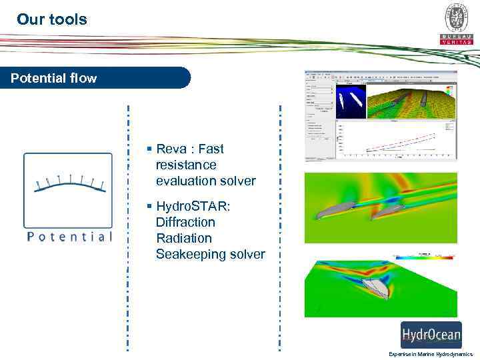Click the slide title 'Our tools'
tap(52, 19)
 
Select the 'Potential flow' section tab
tap(54, 78)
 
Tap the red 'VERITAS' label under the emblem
tap(457, 41)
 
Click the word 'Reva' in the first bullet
tap(171, 149)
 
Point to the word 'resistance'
tap(186, 165)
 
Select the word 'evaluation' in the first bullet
tap(185, 181)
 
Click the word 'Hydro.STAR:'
tap(193, 206)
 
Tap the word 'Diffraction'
tap(185, 222)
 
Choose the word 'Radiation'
tap(183, 238)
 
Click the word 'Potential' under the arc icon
tap(69, 237)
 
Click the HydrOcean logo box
tap(430, 335)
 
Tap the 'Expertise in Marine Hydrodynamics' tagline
tap(430, 354)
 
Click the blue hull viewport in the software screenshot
tap(351, 101)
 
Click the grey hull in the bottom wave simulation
tap(373, 287)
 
